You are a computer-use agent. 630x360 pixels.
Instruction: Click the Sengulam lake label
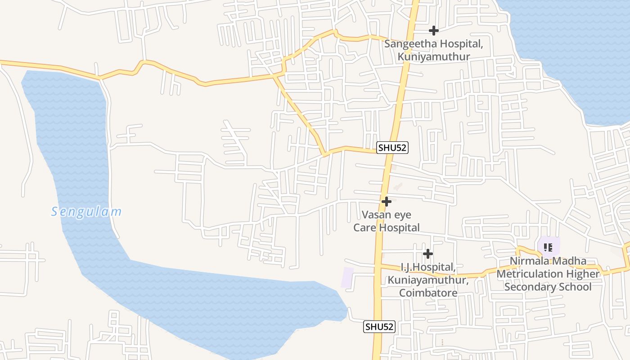[86, 211]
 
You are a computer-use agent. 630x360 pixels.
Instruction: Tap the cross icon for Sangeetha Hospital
[433, 31]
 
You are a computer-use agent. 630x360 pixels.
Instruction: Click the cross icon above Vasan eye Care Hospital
[386, 202]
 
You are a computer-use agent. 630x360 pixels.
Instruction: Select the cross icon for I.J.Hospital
[427, 254]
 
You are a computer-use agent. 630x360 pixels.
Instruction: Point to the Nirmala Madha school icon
[548, 247]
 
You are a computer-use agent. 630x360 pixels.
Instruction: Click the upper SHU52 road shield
[392, 148]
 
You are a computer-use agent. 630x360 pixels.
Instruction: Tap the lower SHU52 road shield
[379, 327]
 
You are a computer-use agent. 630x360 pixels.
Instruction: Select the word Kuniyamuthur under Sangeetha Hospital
[433, 57]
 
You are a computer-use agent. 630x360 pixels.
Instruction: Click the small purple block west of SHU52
[347, 277]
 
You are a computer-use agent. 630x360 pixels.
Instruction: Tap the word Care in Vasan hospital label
[364, 228]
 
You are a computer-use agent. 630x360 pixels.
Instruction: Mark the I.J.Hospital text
[428, 267]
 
